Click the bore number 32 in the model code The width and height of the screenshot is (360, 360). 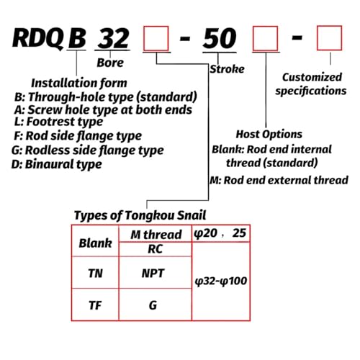114,38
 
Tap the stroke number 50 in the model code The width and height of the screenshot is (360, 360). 220,38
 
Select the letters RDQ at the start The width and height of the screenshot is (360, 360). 38,38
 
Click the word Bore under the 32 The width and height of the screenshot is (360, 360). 110,63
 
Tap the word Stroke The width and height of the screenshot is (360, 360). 227,69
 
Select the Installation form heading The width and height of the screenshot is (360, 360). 79,84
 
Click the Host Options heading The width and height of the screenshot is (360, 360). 269,135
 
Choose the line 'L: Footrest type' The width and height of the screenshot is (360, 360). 58,122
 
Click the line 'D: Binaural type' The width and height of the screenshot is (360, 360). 57,165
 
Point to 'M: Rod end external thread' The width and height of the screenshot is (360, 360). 279,180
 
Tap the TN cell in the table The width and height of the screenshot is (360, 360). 95,274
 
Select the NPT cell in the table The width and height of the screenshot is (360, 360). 153,274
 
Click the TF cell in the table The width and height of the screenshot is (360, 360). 95,305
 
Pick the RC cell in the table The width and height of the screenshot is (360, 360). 155,249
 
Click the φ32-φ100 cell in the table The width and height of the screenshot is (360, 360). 221,281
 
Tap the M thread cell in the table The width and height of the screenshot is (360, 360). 156,235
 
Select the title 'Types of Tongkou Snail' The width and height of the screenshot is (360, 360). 140,215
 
